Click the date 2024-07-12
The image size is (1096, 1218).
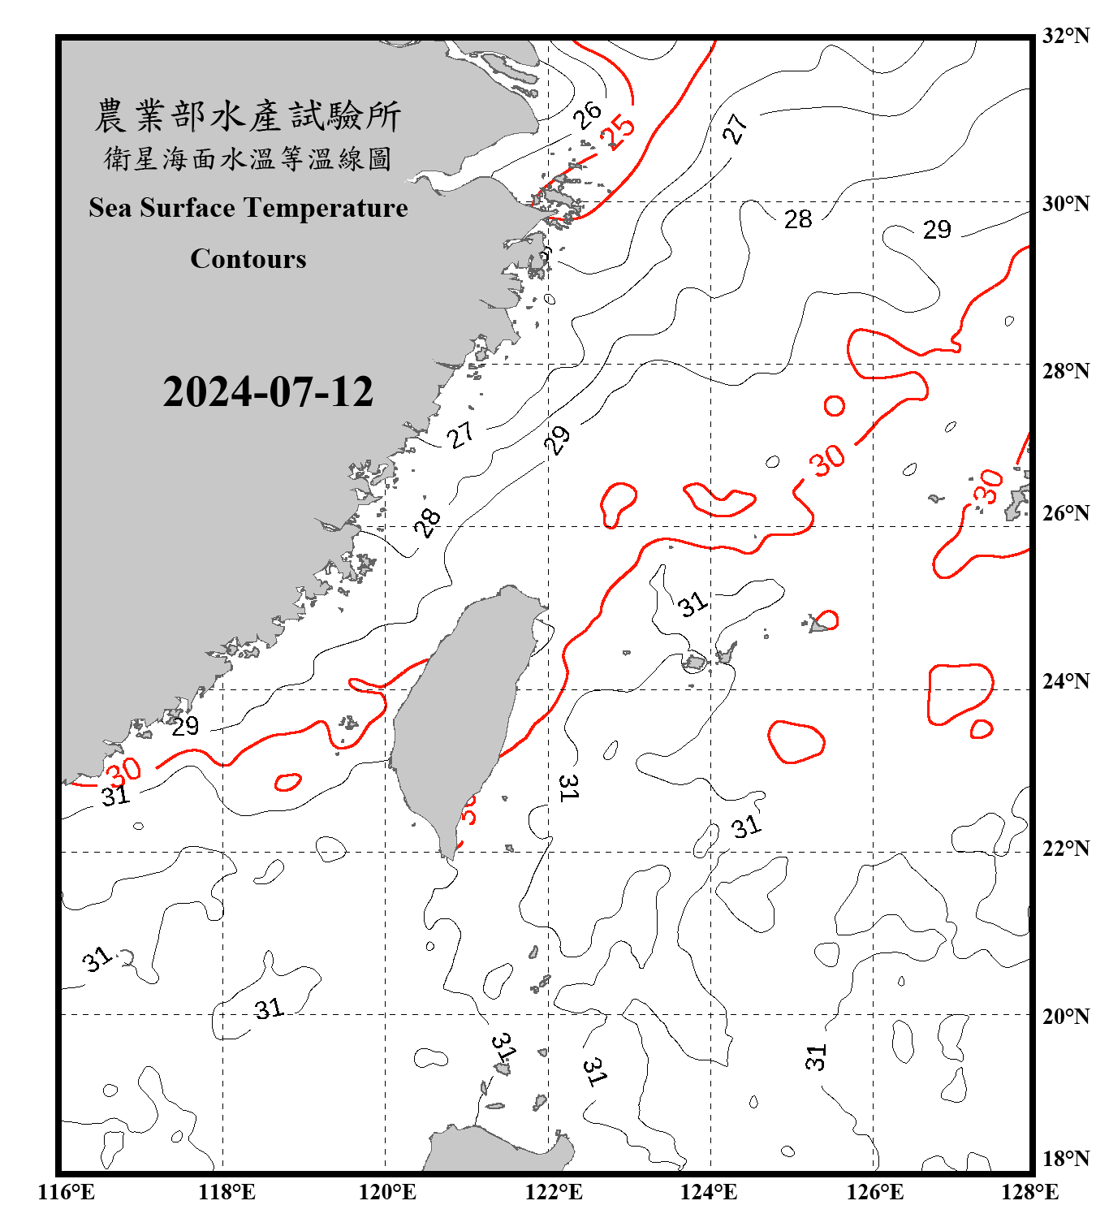coord(268,392)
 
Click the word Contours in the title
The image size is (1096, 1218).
coord(248,258)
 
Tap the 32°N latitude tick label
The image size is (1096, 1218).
coord(1065,36)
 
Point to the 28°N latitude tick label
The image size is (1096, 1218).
coord(1065,371)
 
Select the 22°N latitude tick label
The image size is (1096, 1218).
coord(1065,849)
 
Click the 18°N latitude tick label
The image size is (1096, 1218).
coord(1065,1159)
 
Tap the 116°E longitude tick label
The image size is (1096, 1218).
coord(67,1192)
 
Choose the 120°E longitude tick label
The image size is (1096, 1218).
coord(387,1192)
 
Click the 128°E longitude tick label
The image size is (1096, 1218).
coord(1029,1192)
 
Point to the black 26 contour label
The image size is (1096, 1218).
coord(586,114)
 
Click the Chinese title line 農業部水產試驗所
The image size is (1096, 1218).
coord(248,115)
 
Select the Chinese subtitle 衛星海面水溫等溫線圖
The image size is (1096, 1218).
coord(248,158)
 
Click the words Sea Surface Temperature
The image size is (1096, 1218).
coord(248,208)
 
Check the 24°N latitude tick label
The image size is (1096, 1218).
coord(1065,681)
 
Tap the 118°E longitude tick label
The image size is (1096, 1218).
coord(227,1192)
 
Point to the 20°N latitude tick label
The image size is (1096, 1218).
coord(1065,1016)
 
